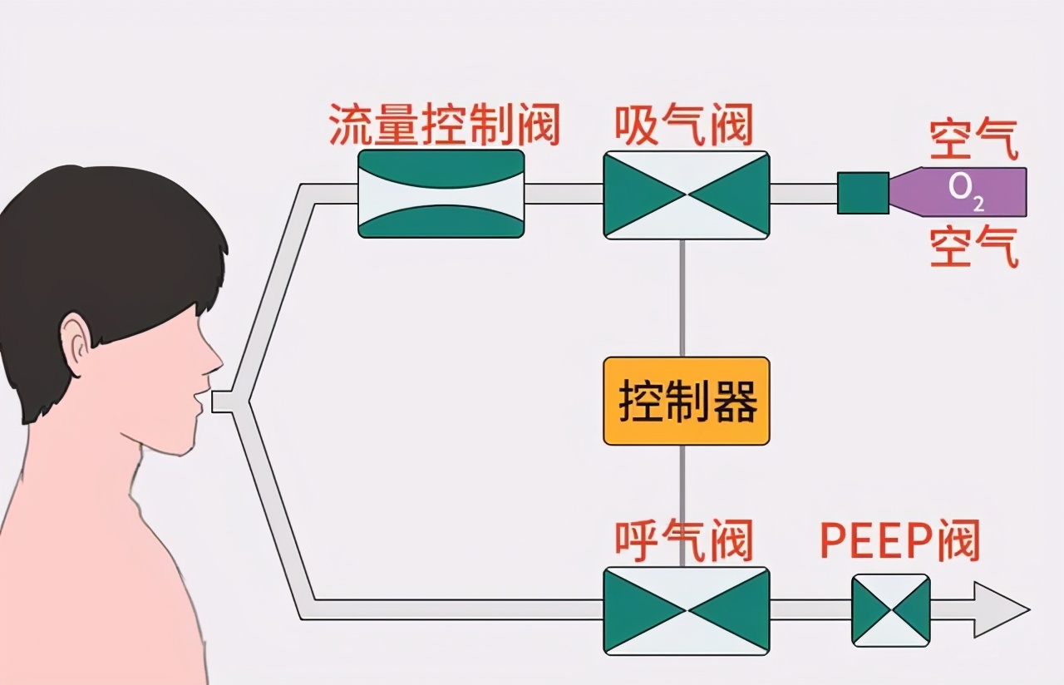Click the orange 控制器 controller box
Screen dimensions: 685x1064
pyautogui.click(x=687, y=401)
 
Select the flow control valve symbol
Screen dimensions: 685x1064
pyautogui.click(x=441, y=194)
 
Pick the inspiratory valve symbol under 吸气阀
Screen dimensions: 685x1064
pyautogui.click(x=687, y=195)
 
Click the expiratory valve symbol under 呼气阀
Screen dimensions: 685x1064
pyautogui.click(x=687, y=611)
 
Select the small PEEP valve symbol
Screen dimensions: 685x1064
pyautogui.click(x=890, y=610)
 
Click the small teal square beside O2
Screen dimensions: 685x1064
pyautogui.click(x=863, y=193)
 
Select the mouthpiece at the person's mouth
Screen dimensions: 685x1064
pyautogui.click(x=223, y=402)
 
